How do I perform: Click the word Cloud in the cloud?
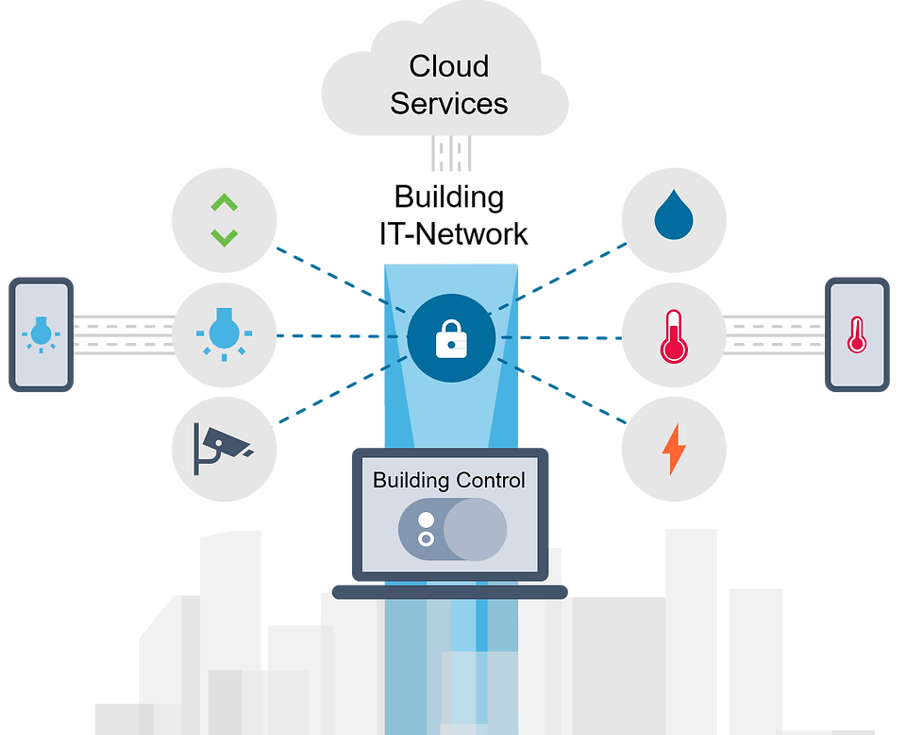[x=448, y=67]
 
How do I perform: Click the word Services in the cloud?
[x=448, y=103]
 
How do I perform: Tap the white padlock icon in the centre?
[x=451, y=338]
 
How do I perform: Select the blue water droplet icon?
[x=673, y=218]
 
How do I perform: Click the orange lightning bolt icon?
[x=673, y=450]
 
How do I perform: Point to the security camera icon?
[x=223, y=447]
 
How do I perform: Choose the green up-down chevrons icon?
[x=224, y=219]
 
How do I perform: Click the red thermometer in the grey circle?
[x=673, y=335]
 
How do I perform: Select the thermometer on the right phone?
[x=857, y=333]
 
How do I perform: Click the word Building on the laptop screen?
[x=411, y=480]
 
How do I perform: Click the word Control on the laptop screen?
[x=490, y=480]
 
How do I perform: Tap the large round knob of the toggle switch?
[x=475, y=529]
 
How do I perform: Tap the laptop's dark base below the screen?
[x=449, y=590]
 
